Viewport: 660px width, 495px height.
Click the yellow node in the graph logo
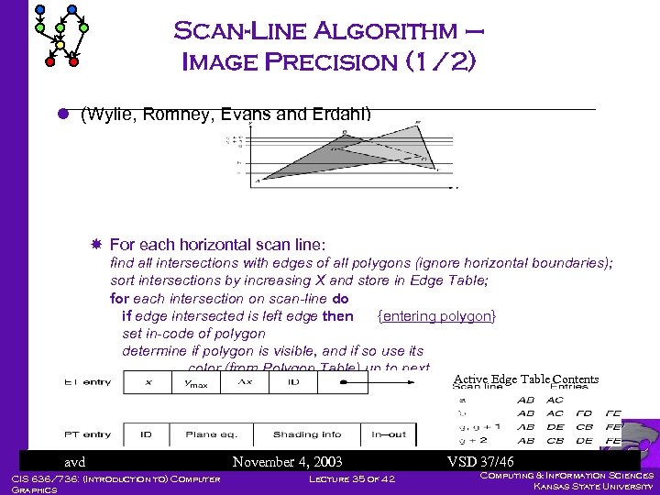[x=60, y=43]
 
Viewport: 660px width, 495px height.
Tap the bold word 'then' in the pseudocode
[x=338, y=315]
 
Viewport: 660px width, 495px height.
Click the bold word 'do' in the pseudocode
[x=341, y=298]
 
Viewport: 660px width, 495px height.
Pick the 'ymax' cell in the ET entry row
[x=196, y=383]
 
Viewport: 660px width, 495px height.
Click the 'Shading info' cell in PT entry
[x=307, y=434]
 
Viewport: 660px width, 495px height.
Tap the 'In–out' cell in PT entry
[x=389, y=434]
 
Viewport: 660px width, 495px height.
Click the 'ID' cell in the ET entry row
[x=293, y=382]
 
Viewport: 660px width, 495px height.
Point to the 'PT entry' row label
[x=87, y=434]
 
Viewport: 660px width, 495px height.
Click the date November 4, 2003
[x=287, y=461]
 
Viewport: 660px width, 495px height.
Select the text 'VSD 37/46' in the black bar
[x=480, y=461]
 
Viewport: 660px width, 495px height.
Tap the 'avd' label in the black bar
[x=74, y=461]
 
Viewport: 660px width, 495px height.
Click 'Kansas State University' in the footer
[x=595, y=486]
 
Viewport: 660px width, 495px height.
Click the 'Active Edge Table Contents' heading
[x=525, y=379]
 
